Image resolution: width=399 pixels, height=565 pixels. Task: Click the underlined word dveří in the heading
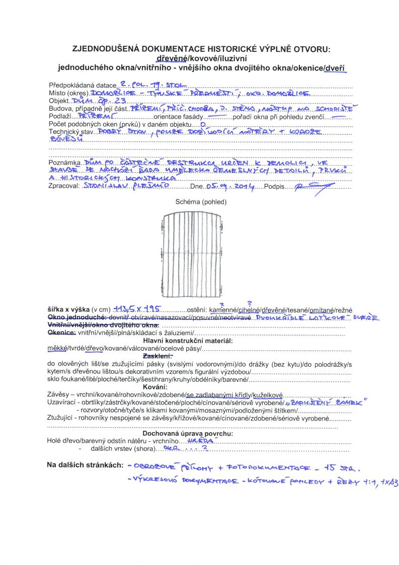(x=335, y=67)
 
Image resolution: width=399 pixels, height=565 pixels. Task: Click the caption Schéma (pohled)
(x=201, y=202)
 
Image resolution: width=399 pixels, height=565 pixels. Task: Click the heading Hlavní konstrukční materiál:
(x=201, y=341)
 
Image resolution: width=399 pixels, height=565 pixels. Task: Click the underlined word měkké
(x=58, y=348)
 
